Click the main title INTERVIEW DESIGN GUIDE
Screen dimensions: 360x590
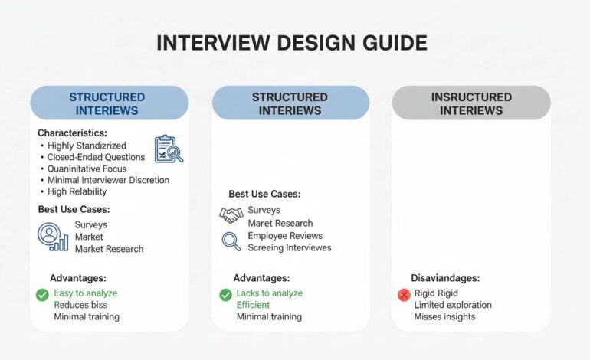291,42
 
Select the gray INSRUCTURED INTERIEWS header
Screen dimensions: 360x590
471,103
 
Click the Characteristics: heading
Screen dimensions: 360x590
74,133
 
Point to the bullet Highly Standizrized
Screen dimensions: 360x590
87,146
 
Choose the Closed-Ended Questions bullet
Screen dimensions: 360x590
96,157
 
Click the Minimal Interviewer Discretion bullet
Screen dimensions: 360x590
108,180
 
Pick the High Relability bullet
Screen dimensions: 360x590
77,191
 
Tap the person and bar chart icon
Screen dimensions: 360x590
53,237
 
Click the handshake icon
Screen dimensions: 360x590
231,215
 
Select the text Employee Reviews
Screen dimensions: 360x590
285,236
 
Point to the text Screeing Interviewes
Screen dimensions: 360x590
290,247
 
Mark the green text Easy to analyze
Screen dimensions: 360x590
85,293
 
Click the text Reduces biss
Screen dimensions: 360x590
80,305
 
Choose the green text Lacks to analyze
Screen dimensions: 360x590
270,293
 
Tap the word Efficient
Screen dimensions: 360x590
254,305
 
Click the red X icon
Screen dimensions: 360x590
404,295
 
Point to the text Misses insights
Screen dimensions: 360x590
444,316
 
